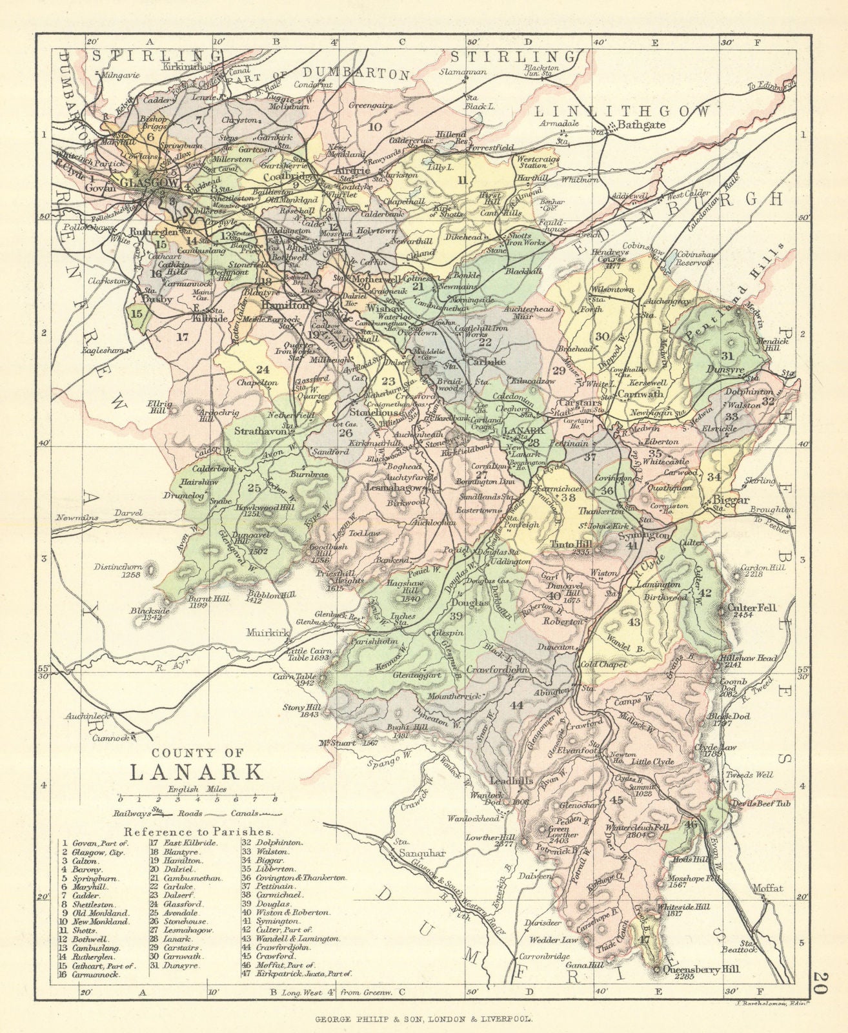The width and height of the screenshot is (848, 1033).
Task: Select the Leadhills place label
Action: [x=508, y=780]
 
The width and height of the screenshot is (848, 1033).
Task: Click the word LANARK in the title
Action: [x=197, y=772]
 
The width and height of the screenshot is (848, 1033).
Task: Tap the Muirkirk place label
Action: [x=262, y=634]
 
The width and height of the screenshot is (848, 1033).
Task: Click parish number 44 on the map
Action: [x=516, y=705]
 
